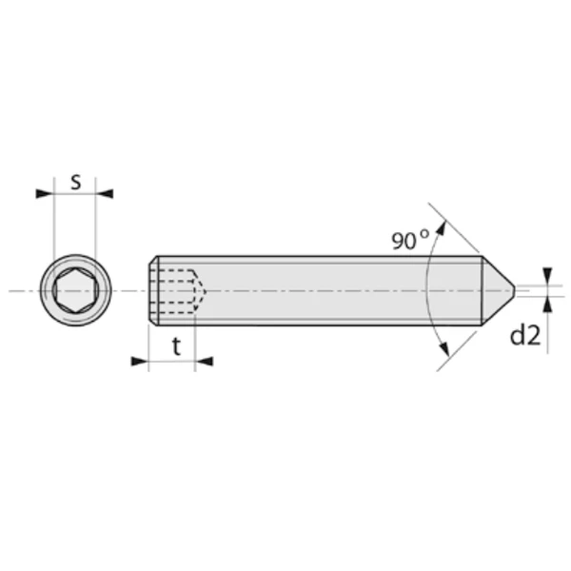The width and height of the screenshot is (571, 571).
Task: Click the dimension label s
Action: (75, 181)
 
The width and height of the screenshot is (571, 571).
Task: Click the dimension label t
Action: (177, 347)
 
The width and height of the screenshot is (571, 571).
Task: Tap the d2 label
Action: (524, 335)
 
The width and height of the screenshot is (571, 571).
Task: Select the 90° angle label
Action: (409, 240)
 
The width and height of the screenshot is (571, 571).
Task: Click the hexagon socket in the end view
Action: (75, 289)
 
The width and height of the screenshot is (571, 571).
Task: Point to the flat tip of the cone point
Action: (516, 289)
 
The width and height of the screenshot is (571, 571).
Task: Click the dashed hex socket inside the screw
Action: (176, 289)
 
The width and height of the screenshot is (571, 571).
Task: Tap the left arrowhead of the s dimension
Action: (44, 194)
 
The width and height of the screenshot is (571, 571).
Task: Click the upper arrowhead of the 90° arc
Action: (441, 229)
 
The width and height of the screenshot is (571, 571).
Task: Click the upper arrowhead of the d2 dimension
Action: (547, 275)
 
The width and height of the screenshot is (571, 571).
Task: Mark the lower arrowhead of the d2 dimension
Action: (547, 303)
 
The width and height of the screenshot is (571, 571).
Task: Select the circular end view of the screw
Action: (75, 289)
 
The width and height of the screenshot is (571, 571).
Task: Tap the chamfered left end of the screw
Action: (154, 290)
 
